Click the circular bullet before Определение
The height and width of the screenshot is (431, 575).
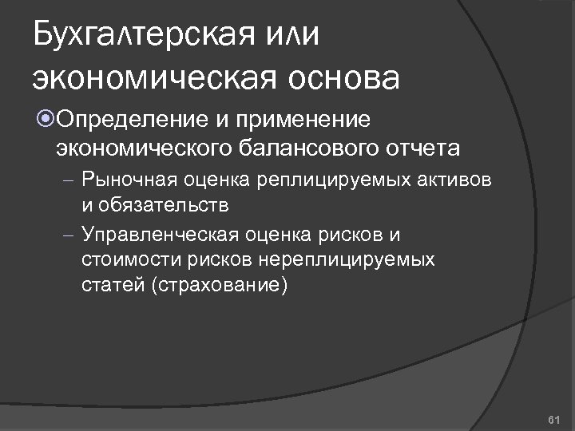pyautogui.click(x=45, y=120)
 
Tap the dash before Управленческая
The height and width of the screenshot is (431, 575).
pyautogui.click(x=69, y=236)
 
